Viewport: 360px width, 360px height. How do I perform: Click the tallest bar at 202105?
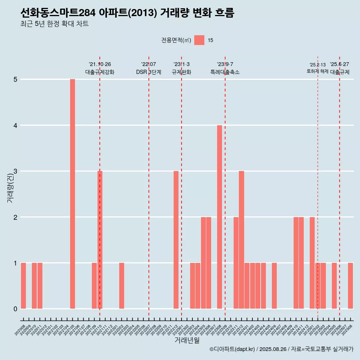coord(72,194)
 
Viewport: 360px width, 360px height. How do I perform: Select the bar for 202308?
coord(219,217)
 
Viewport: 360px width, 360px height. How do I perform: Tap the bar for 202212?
coord(176,240)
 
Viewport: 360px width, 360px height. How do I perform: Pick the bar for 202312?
coord(241,240)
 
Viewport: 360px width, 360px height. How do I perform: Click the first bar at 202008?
coord(23,286)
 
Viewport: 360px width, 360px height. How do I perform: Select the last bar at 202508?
coord(350,286)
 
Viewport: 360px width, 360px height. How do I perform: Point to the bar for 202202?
coord(121,286)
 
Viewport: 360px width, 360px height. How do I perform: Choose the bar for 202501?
coord(312,263)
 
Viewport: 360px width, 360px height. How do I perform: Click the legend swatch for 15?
coord(199,40)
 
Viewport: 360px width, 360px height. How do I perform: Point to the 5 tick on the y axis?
coord(15,79)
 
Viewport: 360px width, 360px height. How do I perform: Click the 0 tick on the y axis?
coord(15,309)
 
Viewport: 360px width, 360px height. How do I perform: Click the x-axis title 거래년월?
coord(187,340)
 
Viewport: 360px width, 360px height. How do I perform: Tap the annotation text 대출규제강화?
coord(100,72)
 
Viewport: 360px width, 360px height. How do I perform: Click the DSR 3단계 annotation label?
coord(148,72)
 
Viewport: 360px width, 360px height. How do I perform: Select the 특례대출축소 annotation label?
coord(225,72)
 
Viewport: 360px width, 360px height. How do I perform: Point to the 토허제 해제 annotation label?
coord(317,71)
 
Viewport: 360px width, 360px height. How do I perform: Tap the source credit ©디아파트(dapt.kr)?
coord(232,349)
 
